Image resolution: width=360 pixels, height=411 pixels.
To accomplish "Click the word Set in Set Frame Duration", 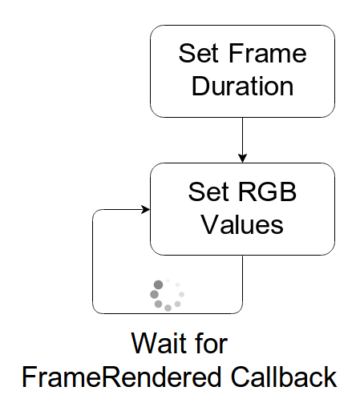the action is [x=199, y=54].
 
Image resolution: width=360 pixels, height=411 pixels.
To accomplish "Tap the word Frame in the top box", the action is [x=268, y=54].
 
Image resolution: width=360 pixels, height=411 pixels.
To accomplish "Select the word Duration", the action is [x=243, y=86].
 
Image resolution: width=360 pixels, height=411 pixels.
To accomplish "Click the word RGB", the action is [x=267, y=191].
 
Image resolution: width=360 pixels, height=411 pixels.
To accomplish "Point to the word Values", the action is [x=242, y=224].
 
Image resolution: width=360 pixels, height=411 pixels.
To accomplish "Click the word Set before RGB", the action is [x=208, y=191].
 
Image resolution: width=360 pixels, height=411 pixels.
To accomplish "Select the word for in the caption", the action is [x=212, y=344].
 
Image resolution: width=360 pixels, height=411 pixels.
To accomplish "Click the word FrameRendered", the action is [x=122, y=377].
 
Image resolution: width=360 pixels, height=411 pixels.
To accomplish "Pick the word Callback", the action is [x=284, y=377].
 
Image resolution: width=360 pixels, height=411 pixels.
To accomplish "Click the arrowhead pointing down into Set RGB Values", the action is [x=242, y=158].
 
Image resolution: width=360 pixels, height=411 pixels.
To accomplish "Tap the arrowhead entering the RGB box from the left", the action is [x=146, y=209].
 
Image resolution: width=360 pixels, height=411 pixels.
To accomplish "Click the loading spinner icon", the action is [x=167, y=295].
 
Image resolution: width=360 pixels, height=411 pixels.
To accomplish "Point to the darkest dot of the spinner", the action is [x=159, y=284].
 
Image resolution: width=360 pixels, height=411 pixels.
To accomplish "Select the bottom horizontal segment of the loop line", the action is [x=168, y=313].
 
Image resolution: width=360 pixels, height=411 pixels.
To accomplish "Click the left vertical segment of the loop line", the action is [x=93, y=261].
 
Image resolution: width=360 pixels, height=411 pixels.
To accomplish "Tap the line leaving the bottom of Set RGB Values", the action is [x=242, y=280].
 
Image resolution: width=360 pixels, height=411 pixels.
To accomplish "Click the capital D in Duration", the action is [x=200, y=86].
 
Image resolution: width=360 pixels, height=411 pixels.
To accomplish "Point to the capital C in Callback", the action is [x=240, y=377].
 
